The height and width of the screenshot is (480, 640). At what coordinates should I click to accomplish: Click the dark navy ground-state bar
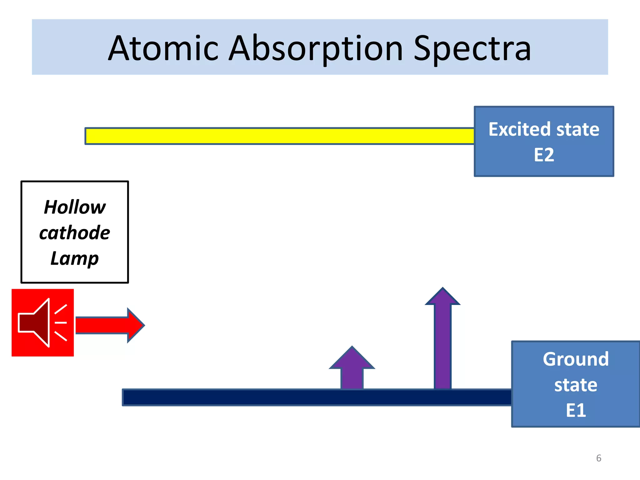click(316, 397)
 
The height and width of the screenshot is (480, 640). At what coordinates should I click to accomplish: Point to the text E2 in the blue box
click(544, 155)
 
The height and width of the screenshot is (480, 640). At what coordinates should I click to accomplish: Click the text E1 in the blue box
click(576, 410)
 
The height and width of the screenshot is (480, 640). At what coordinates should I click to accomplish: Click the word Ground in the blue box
click(576, 359)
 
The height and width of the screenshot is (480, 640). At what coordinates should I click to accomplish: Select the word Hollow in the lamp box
click(75, 207)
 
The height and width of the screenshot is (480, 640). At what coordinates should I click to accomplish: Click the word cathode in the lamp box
click(75, 233)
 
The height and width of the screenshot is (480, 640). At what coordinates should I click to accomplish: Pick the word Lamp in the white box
click(75, 259)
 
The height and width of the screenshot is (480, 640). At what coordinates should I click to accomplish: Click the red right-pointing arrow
click(109, 325)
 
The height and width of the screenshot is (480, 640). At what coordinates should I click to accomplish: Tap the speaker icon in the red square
click(42, 322)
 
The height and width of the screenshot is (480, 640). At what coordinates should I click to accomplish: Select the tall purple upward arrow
click(442, 344)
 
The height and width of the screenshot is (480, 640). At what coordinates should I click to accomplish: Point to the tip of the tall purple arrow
click(442, 289)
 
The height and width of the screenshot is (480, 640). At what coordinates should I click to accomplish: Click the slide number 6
click(598, 458)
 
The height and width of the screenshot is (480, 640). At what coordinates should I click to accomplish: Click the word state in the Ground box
click(576, 385)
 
